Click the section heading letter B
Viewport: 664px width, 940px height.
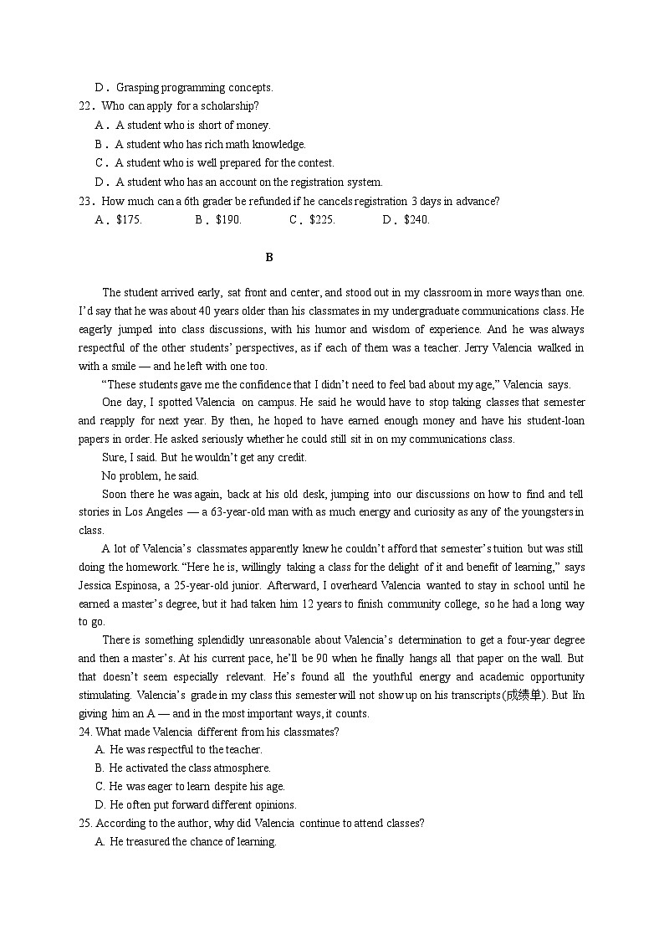click(x=269, y=258)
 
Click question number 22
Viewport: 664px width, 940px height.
click(x=85, y=106)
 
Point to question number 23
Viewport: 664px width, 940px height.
click(x=85, y=201)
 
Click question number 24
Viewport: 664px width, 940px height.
click(x=85, y=732)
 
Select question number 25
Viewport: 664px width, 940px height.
click(x=85, y=824)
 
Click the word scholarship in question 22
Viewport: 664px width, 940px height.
click(x=229, y=106)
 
